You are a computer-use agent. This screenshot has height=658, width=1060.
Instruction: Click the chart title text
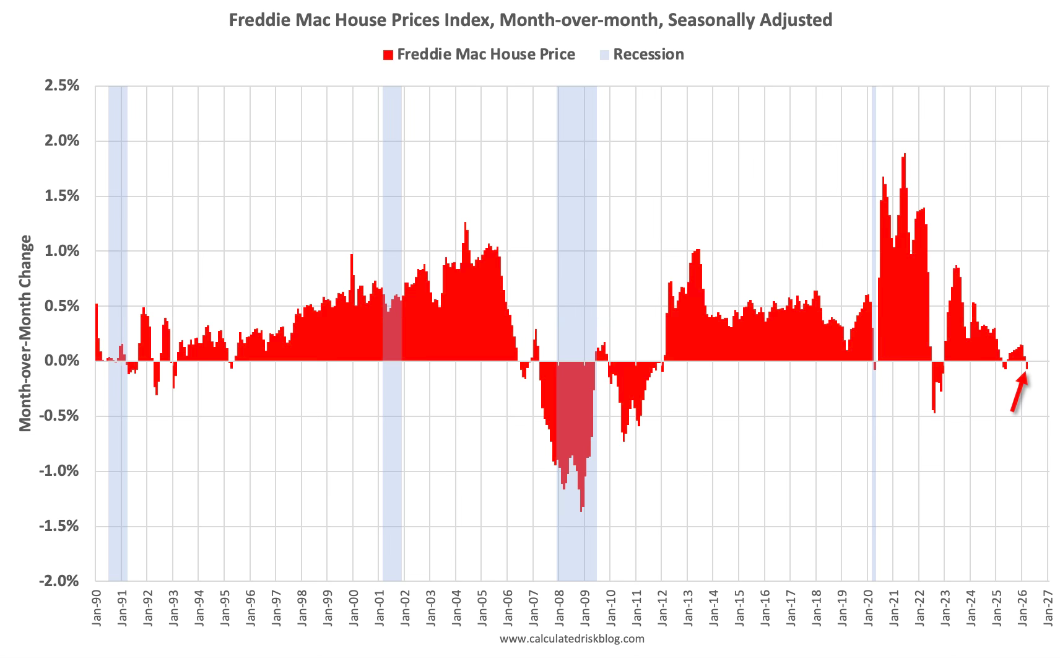click(531, 20)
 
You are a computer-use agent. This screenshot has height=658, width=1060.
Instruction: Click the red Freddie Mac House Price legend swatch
click(388, 55)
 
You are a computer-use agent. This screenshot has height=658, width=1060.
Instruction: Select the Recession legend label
click(648, 55)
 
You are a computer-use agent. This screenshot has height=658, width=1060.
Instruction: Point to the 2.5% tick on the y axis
click(62, 86)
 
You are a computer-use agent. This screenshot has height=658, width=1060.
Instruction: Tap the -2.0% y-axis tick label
click(59, 581)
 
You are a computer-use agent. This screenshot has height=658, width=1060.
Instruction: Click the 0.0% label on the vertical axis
click(62, 361)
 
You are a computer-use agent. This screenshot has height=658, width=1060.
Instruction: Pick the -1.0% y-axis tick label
click(59, 471)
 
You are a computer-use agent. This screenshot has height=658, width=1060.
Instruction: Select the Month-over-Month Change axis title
click(25, 333)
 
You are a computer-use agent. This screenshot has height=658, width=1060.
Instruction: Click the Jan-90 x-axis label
click(97, 608)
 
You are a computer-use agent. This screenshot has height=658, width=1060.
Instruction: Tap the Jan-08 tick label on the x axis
click(559, 608)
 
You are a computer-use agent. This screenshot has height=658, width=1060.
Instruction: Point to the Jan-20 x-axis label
click(867, 608)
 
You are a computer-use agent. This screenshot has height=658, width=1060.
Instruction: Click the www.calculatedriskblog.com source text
click(571, 639)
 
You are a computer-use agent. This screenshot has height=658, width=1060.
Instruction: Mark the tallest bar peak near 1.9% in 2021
click(905, 154)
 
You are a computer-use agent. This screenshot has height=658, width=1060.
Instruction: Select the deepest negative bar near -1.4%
click(581, 511)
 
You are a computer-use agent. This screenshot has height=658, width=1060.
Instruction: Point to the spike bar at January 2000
click(352, 256)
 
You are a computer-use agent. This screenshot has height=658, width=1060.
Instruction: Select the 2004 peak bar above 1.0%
click(465, 222)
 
